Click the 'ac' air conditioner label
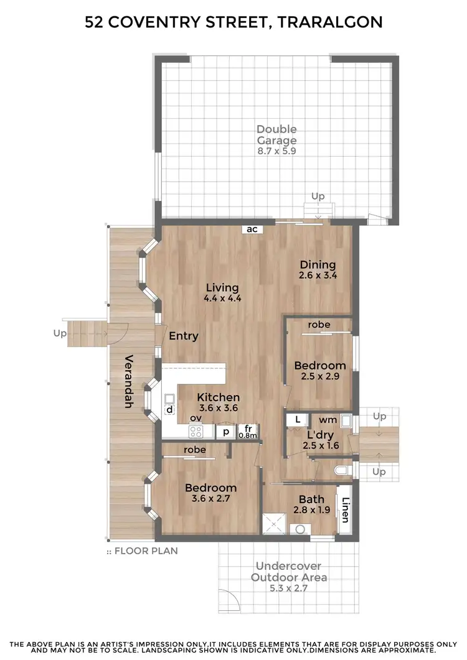tap(252, 229)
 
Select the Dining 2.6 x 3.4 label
tap(318, 269)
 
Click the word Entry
tap(184, 336)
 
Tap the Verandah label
tap(129, 381)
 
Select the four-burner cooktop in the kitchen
tap(196, 432)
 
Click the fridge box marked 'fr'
tap(248, 431)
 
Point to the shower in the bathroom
tap(272, 523)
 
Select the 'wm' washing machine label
tap(333, 419)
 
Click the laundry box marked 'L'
tap(298, 420)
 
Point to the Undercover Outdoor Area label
tap(289, 577)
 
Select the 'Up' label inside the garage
tap(318, 197)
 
